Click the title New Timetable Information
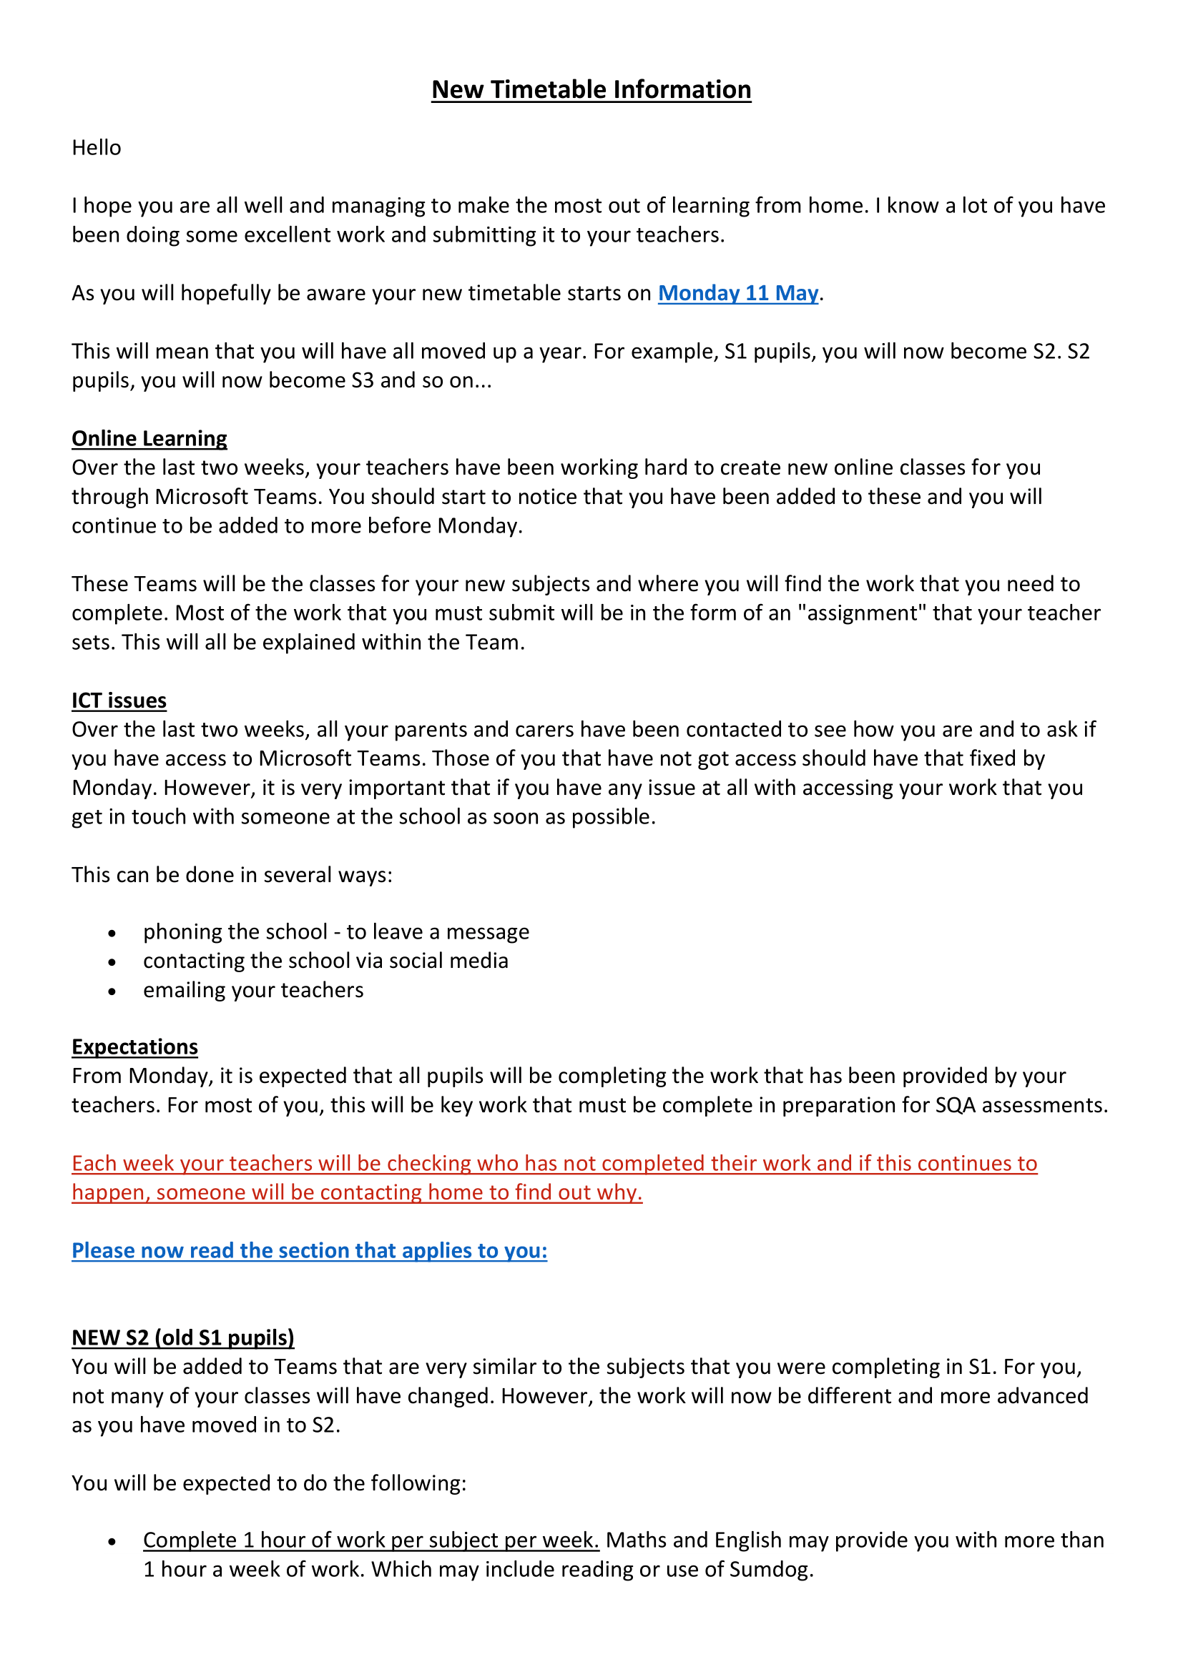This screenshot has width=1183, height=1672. (591, 89)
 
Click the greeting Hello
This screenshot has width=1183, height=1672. (96, 148)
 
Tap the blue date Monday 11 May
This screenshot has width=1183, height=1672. (738, 293)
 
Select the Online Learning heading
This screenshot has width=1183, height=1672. (149, 438)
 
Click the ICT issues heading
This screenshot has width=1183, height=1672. (119, 701)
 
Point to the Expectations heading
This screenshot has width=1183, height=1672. (134, 1047)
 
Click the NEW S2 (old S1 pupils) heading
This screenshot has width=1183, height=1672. (183, 1337)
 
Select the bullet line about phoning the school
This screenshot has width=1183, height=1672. (336, 932)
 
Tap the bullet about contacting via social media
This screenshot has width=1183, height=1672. (325, 961)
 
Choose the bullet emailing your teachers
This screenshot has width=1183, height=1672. (252, 990)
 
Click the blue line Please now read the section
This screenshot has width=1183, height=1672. (309, 1250)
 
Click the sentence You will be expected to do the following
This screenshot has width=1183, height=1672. (269, 1483)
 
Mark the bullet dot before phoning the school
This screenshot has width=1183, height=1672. (112, 934)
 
